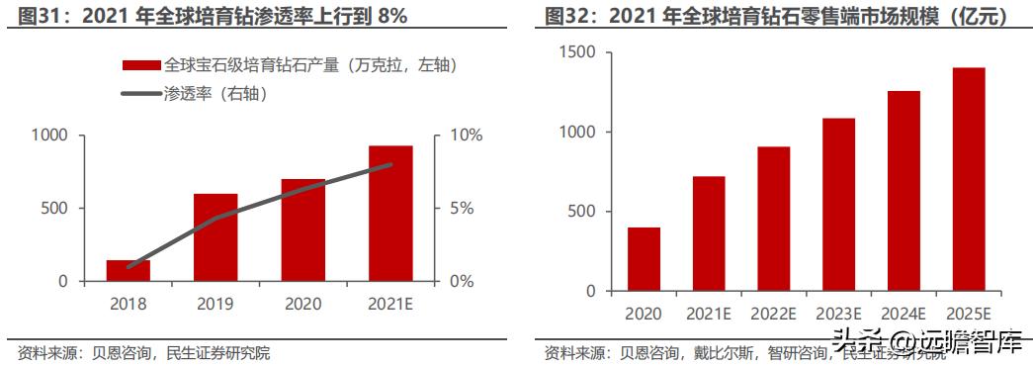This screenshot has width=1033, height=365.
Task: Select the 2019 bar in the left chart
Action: coord(215,237)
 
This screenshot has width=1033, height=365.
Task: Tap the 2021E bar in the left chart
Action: coord(390,214)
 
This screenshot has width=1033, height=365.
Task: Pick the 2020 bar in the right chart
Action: coord(644,259)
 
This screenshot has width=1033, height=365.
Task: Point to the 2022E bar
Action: coord(774,219)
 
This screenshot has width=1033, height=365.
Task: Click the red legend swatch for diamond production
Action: coord(140,65)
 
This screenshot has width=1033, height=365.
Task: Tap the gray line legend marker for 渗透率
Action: coord(140,94)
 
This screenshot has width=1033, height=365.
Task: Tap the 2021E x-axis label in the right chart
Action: coord(709,314)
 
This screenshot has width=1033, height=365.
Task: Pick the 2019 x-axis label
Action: coord(215,304)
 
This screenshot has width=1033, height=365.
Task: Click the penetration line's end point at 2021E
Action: coord(390,165)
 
